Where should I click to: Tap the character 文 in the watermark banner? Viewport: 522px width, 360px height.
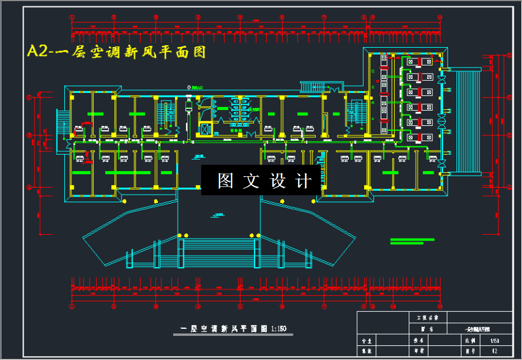(x=252, y=181)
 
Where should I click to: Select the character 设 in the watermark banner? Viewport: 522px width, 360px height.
(x=279, y=181)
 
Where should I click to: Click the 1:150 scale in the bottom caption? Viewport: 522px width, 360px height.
(x=278, y=329)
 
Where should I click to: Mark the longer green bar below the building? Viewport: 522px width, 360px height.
(x=412, y=240)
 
